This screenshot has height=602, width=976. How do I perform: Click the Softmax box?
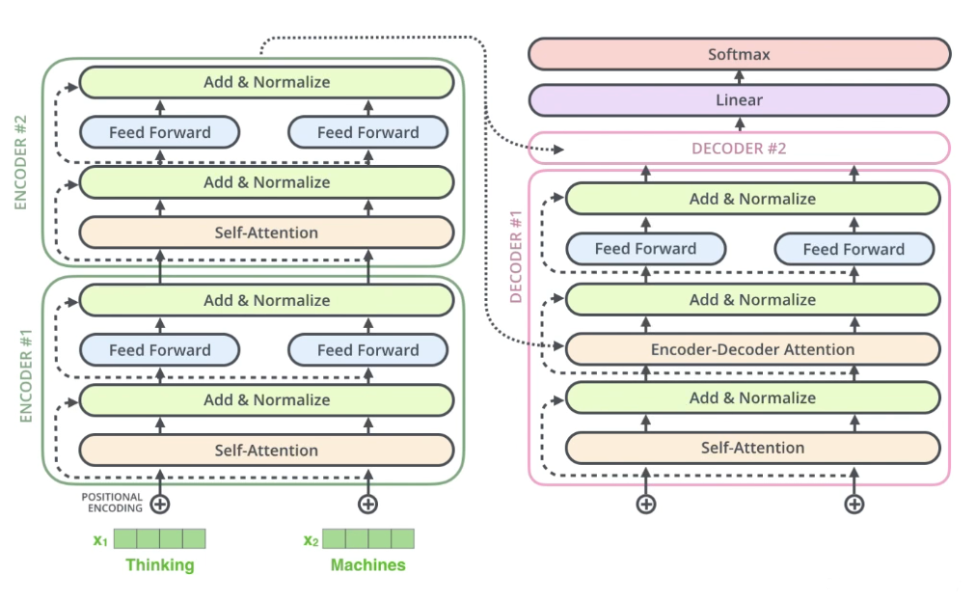coord(740,54)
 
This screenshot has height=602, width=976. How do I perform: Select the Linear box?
coord(740,100)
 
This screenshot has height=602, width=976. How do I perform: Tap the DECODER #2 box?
coord(740,149)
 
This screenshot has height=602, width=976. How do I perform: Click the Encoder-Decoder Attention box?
coord(752,349)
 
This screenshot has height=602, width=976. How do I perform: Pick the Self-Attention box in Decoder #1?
coord(752,448)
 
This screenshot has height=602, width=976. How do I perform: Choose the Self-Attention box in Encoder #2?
coord(266,233)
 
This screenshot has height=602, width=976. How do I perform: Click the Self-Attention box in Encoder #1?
coord(266,451)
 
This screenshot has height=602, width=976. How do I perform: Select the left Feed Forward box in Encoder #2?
coord(160,132)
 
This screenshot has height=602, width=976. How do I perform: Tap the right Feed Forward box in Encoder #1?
coord(367,350)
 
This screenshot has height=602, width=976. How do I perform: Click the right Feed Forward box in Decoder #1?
coord(854,249)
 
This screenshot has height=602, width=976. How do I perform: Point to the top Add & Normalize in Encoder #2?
coord(266,82)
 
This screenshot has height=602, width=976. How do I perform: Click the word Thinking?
coord(160,564)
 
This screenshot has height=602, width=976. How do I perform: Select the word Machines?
coord(367,564)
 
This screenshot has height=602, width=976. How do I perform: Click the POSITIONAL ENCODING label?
coord(112,503)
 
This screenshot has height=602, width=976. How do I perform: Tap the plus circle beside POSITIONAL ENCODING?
coord(160,505)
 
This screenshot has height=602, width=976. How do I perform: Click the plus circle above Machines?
coord(367,505)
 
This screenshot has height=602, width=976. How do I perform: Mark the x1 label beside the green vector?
coord(101,539)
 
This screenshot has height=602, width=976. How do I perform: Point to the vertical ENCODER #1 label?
coord(25,376)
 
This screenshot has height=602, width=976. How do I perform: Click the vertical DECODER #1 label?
coord(515,257)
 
